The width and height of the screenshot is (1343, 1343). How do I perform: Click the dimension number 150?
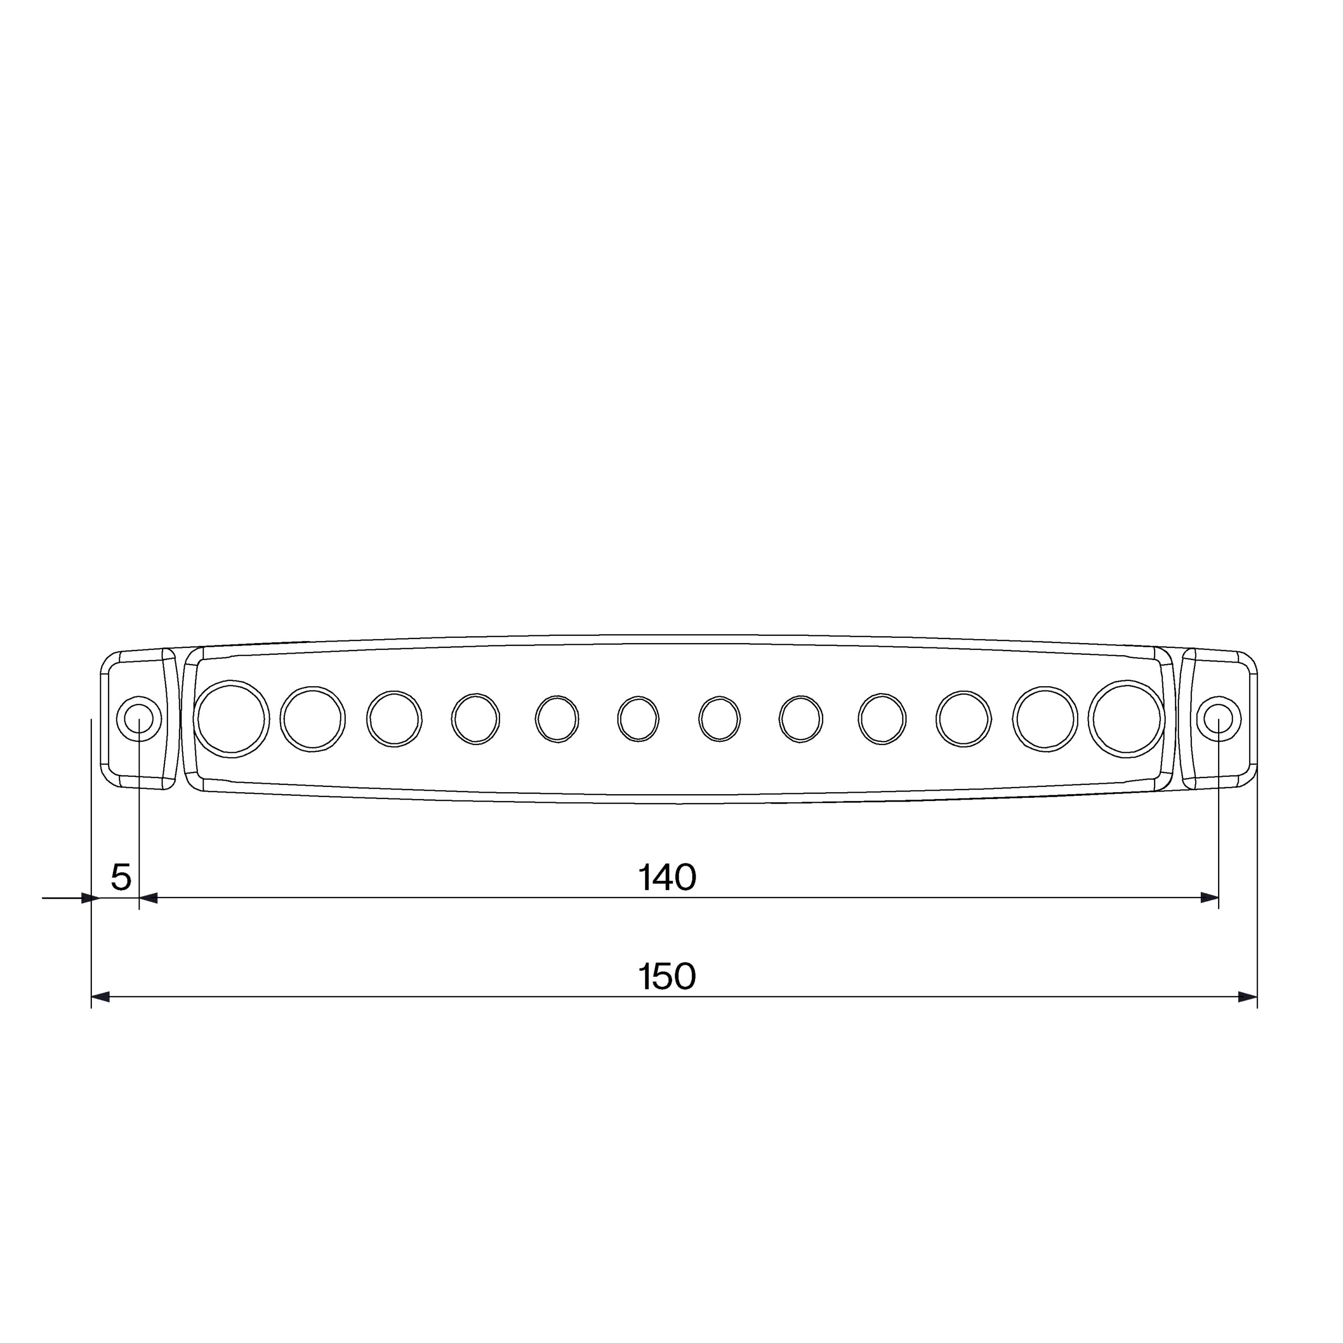click(667, 977)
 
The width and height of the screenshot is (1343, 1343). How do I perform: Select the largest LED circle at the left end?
click(231, 719)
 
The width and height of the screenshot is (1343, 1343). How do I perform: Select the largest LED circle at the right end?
click(1126, 719)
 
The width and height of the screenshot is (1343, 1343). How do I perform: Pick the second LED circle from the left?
click(313, 719)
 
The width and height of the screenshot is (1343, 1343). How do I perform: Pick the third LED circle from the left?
click(394, 719)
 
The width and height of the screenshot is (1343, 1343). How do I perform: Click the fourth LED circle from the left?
click(475, 719)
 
